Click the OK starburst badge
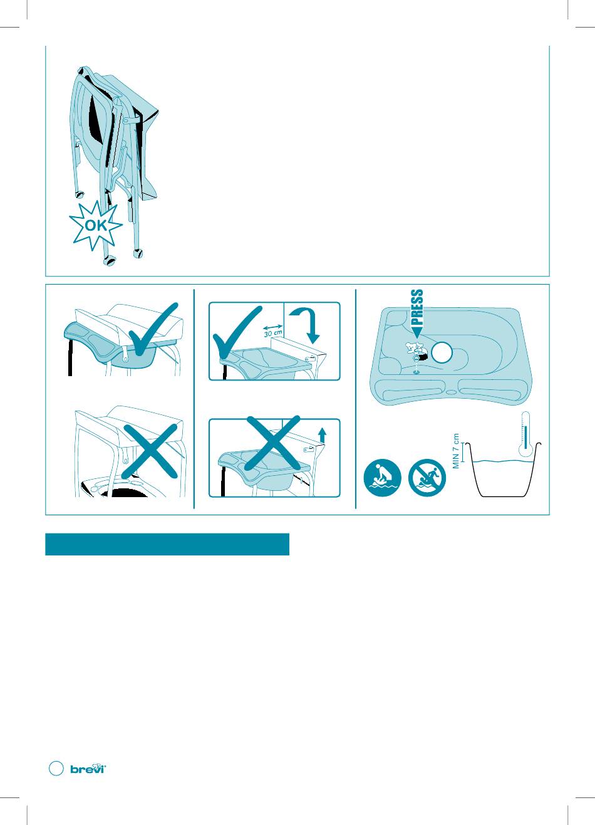(x=96, y=225)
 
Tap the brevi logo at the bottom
(x=88, y=769)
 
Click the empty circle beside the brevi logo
(x=56, y=769)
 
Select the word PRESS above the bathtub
(x=417, y=307)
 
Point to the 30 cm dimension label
(x=273, y=333)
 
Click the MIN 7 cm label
(x=457, y=451)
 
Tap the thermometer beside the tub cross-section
(x=526, y=434)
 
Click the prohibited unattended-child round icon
(x=427, y=478)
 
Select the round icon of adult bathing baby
(x=382, y=478)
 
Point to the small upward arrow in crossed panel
(x=323, y=434)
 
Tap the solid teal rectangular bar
(x=167, y=544)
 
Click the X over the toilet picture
(x=150, y=451)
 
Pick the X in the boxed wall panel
(x=273, y=443)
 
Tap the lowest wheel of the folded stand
(x=109, y=260)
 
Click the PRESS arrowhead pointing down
(x=417, y=332)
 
